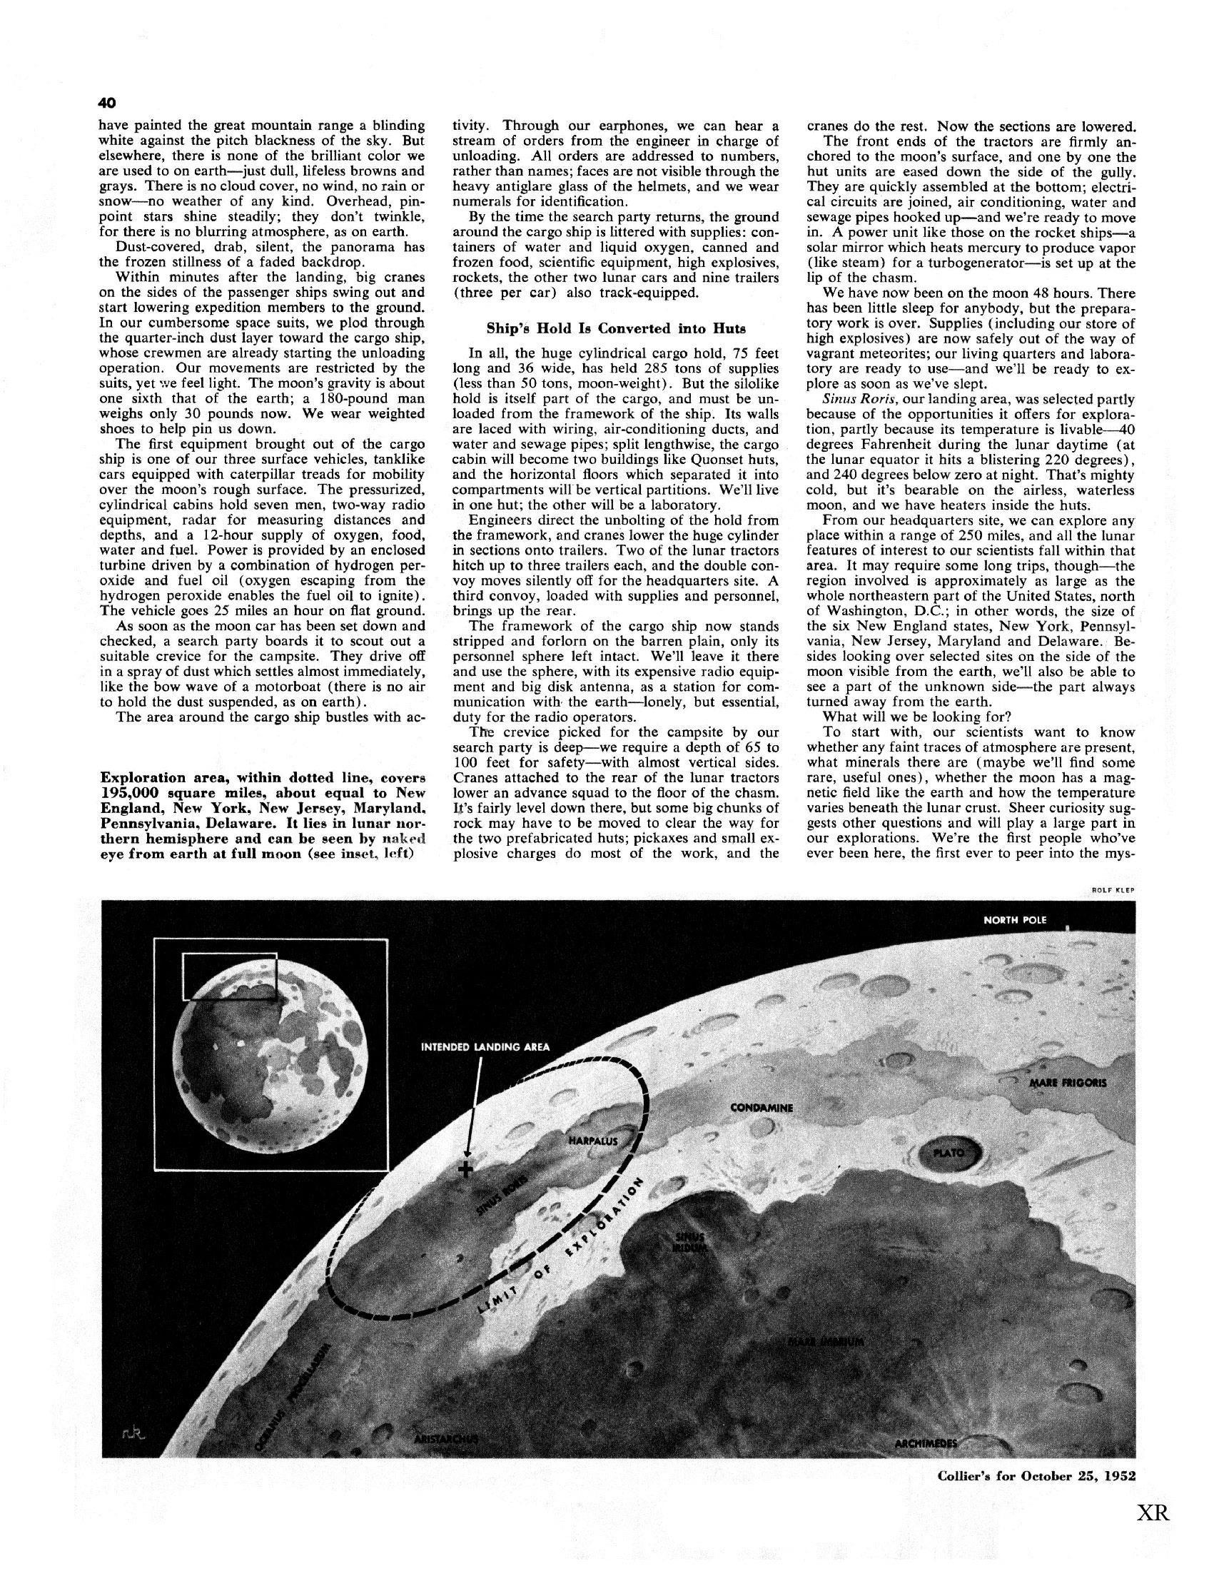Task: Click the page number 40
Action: [x=106, y=102]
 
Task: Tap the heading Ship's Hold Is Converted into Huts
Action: [x=617, y=328]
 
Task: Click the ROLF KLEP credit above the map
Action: [x=1113, y=890]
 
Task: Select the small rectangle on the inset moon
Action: [x=230, y=976]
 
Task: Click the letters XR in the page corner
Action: [x=1153, y=1532]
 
